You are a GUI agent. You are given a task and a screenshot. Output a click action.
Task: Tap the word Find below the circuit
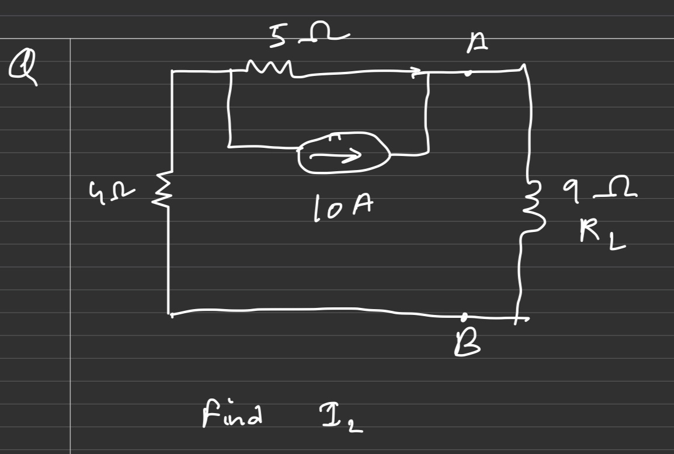[x=231, y=415]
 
